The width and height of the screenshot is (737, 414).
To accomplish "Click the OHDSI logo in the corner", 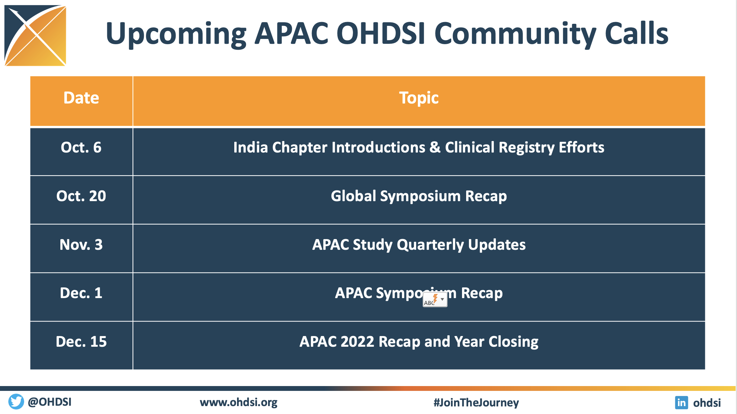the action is coord(35,36).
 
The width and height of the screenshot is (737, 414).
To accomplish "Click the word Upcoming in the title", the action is coord(176,34).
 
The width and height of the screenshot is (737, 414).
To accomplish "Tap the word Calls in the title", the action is coord(637,33).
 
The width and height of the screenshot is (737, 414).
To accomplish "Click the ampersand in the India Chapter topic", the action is coord(435,148).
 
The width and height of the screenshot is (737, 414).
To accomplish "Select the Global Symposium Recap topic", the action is coord(419,196).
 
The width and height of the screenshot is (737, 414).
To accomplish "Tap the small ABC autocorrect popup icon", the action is coord(435,299).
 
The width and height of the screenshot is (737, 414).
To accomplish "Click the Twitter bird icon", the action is coord(16,402).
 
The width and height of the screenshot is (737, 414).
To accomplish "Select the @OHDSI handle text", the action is coord(50,402).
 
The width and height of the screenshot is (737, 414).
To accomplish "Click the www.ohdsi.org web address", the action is coord(238,403).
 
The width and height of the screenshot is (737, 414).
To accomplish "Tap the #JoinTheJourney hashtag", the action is coord(476,403).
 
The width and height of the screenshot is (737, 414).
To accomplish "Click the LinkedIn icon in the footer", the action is coord(681,403).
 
